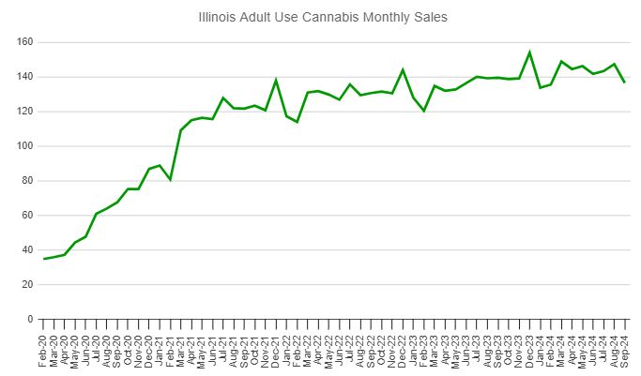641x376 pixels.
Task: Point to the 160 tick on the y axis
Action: (24, 42)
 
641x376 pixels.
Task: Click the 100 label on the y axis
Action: (24, 146)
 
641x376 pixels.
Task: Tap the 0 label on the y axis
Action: (30, 320)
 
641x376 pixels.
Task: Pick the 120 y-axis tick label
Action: (24, 112)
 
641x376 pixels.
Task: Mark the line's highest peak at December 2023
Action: (529, 53)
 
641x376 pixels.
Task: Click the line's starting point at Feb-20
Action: (44, 259)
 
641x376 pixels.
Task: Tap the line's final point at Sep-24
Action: (625, 83)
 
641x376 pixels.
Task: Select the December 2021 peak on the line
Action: (276, 80)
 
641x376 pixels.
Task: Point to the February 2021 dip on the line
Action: (170, 179)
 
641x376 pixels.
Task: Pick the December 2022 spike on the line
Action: (403, 69)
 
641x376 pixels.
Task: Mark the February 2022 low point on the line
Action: (297, 122)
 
